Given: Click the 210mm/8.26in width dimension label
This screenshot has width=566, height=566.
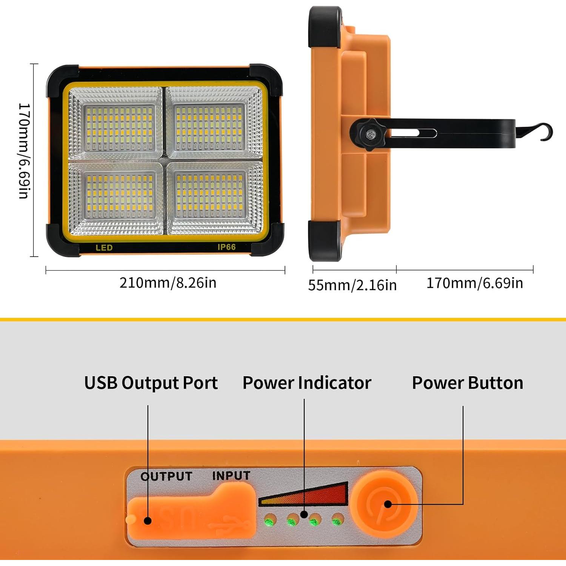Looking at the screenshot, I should [x=168, y=283].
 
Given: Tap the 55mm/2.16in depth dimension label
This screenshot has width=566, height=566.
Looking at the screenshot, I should [x=352, y=285].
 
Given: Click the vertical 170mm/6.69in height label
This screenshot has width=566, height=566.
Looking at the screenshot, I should [x=24, y=151].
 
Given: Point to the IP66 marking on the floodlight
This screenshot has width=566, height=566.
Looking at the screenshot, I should [x=226, y=247].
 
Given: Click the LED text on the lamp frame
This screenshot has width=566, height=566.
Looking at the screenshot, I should [x=104, y=248].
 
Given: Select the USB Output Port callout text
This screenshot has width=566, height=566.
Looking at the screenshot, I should [x=151, y=383].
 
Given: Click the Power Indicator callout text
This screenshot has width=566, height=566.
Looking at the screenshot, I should [x=307, y=383].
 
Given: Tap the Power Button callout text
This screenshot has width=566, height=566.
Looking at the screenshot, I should [x=468, y=383].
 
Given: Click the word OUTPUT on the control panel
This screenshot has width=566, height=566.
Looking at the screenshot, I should [x=166, y=476].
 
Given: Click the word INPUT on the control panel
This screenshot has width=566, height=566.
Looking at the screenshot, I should [x=231, y=475].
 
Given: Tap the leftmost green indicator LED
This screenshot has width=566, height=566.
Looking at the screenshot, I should [x=269, y=522].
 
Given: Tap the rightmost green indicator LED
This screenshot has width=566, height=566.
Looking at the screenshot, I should [x=336, y=521].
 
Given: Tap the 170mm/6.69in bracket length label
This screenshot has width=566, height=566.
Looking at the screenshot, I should [x=474, y=283].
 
